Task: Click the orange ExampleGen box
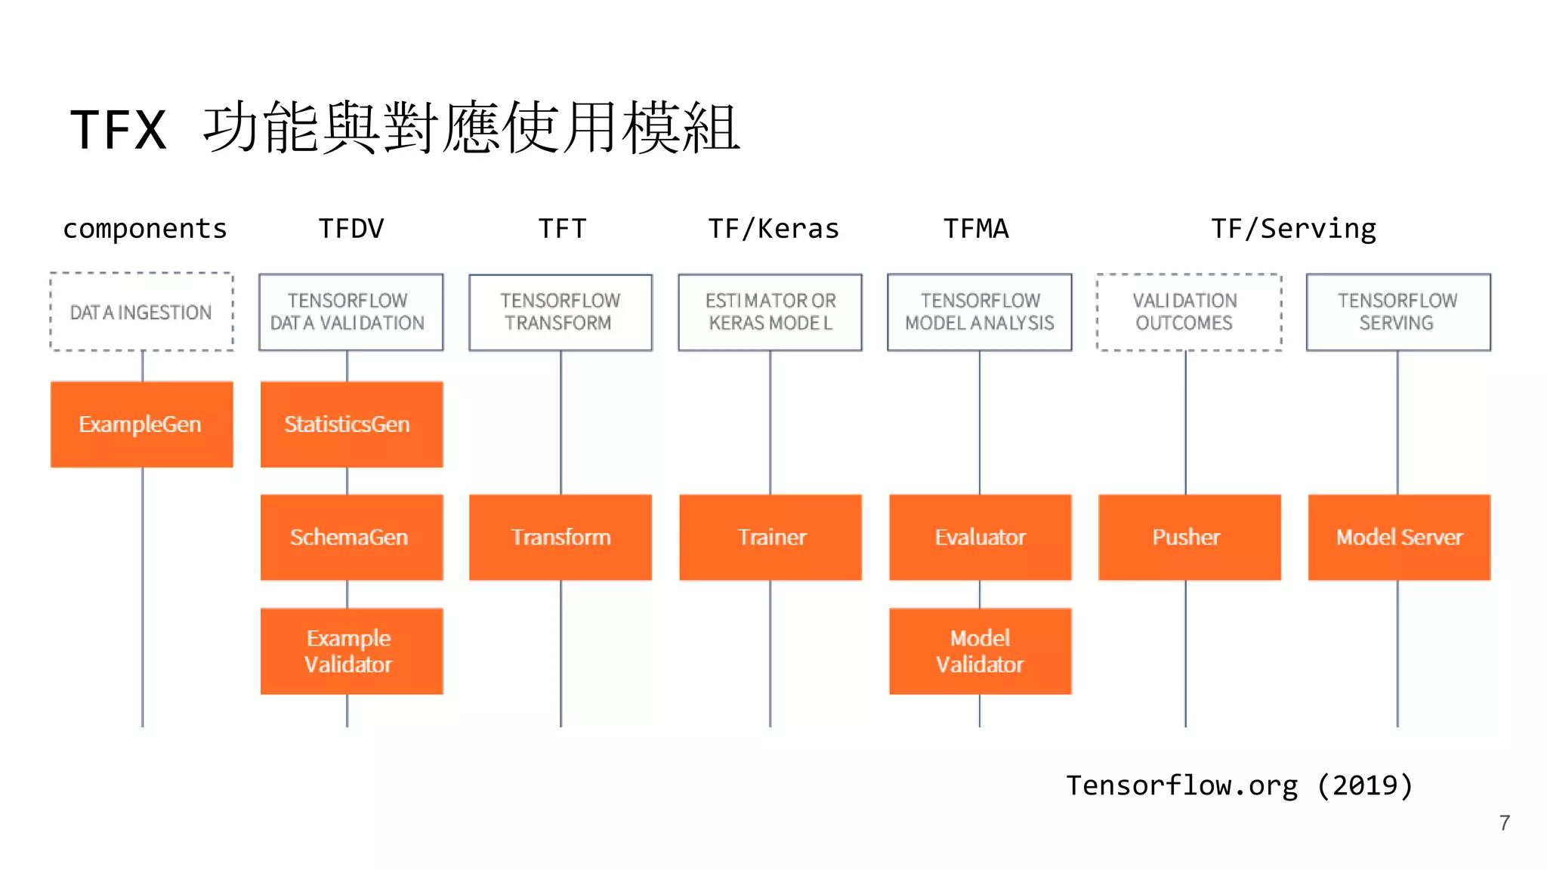tap(141, 424)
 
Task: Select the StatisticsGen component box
tap(351, 424)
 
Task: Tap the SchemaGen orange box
tap(351, 537)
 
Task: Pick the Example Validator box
tap(351, 651)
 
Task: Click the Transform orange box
tap(560, 537)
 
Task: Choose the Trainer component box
tap(770, 537)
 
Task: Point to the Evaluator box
tap(980, 537)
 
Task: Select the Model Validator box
tap(980, 651)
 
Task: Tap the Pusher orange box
tap(1190, 537)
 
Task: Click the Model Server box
tap(1399, 537)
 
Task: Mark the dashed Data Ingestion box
tap(141, 312)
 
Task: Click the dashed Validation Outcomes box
tap(1189, 312)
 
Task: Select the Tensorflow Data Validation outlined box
tap(351, 312)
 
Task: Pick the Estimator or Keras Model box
tap(770, 312)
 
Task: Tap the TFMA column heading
tap(976, 228)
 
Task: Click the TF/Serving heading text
tap(1293, 228)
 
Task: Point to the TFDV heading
tap(351, 228)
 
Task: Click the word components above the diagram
tap(145, 228)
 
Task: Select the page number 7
tap(1505, 822)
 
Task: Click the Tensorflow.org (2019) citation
tap(1239, 785)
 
